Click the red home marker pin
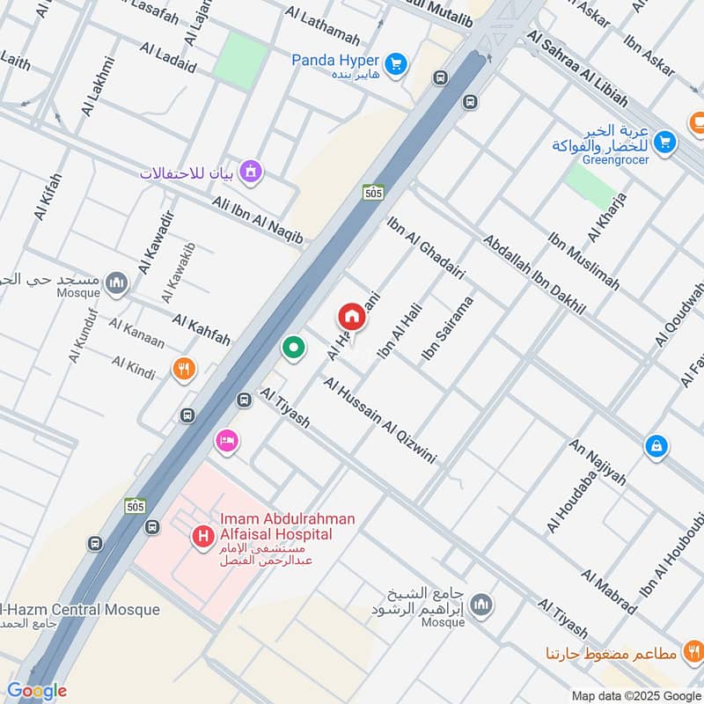click(350, 316)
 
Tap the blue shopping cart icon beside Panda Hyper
click(396, 62)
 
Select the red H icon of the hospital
click(204, 534)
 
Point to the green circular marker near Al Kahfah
click(293, 348)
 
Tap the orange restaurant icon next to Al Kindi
click(184, 369)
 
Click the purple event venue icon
click(251, 171)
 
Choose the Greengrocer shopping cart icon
click(665, 139)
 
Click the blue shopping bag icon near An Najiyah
click(656, 447)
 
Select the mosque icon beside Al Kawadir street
click(116, 283)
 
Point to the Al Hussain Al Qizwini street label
click(379, 421)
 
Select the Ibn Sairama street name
click(448, 328)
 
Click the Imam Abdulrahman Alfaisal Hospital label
click(275, 526)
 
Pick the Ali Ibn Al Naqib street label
click(257, 221)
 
